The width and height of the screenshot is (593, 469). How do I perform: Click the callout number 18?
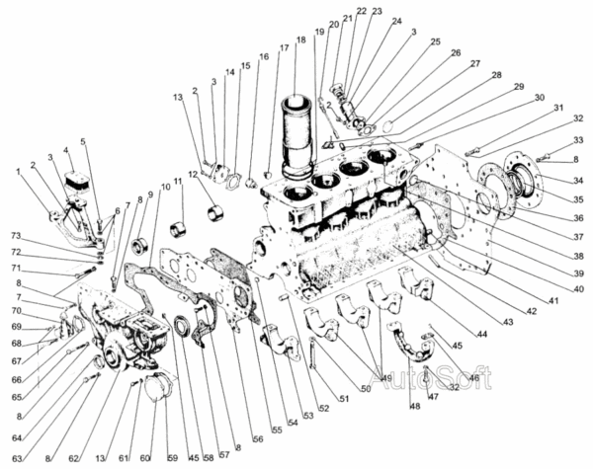(300, 40)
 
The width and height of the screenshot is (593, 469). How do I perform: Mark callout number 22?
(362, 11)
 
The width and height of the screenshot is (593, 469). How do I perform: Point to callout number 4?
(67, 151)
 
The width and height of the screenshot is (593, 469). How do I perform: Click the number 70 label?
(16, 312)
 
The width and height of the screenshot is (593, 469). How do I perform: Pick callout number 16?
(264, 57)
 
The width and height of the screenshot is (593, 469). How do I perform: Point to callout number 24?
(396, 22)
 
